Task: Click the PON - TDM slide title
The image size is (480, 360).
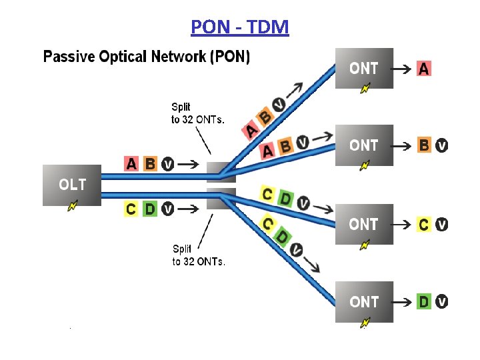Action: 239,27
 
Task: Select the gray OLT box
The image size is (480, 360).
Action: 72,185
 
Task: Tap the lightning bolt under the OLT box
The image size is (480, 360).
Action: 72,207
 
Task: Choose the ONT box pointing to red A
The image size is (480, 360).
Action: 364,68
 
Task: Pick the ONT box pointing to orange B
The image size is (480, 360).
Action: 364,145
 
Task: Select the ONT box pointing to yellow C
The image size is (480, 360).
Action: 364,224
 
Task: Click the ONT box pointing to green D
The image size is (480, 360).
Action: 364,301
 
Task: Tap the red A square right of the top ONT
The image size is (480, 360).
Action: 424,68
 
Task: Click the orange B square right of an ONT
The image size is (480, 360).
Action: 424,145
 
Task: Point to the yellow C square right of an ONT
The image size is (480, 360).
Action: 424,225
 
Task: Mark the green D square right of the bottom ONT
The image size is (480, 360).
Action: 424,302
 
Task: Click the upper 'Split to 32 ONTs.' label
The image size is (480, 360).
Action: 197,113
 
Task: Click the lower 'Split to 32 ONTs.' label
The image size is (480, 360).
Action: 198,255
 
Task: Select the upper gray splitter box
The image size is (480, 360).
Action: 221,172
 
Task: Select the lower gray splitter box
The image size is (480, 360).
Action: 221,199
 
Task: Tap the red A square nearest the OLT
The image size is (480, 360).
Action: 132,163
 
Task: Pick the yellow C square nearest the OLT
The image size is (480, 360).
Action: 131,209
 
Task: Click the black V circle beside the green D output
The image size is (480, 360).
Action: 442,302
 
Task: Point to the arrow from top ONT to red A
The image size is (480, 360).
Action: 402,68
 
